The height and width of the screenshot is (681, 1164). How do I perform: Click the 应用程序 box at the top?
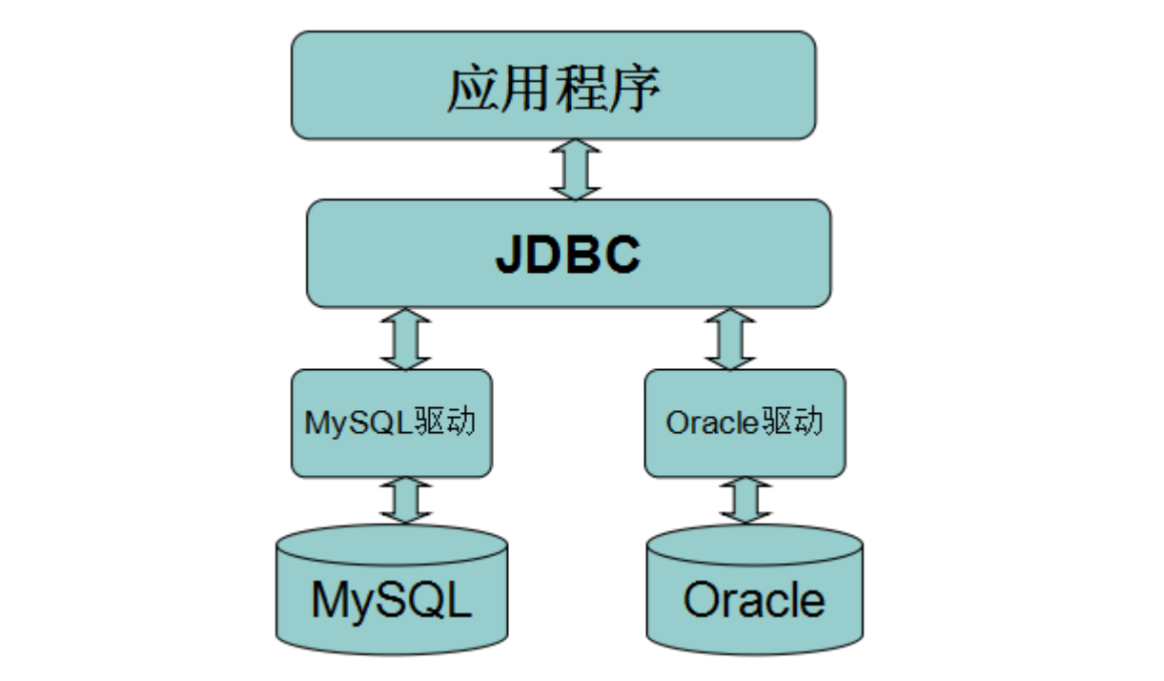[x=554, y=85]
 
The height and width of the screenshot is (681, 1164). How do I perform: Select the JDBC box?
[x=568, y=253]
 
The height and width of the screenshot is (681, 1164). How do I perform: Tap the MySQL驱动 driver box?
[x=392, y=423]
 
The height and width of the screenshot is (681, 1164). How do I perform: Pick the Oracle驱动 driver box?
[x=745, y=423]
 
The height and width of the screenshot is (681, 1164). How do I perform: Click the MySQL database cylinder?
[x=392, y=589]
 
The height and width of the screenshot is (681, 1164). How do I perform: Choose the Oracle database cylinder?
[x=754, y=589]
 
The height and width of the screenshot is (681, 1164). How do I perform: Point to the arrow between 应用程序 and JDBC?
[x=575, y=170]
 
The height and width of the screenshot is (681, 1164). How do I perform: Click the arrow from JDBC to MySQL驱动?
[x=405, y=339]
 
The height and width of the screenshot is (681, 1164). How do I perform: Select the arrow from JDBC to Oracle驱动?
[x=729, y=339]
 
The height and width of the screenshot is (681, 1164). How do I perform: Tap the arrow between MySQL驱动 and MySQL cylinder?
[x=405, y=500]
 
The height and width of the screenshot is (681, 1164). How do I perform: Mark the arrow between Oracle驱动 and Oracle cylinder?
[x=745, y=500]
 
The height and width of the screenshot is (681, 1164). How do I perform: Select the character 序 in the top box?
[x=635, y=89]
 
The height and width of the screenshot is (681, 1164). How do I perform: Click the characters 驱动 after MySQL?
[x=445, y=421]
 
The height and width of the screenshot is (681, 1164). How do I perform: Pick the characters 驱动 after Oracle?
[x=792, y=421]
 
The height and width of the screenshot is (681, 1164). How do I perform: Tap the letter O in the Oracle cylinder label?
[x=702, y=599]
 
